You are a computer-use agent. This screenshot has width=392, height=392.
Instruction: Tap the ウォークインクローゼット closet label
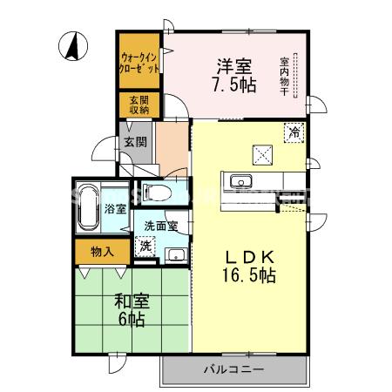pyautogui.click(x=139, y=62)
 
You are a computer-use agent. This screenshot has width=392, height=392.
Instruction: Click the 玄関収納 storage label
pyautogui.click(x=139, y=105)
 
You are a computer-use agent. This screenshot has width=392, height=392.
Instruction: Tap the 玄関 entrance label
pyautogui.click(x=135, y=142)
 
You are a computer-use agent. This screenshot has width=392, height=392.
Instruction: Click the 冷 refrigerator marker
pyautogui.click(x=294, y=133)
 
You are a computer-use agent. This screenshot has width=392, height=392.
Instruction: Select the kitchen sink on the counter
pyautogui.click(x=239, y=181)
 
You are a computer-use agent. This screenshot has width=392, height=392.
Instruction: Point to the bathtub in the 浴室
pyautogui.click(x=87, y=208)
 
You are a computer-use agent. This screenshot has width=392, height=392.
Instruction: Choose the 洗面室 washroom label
pyautogui.click(x=160, y=226)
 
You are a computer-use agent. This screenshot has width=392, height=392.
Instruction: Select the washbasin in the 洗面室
pyautogui.click(x=175, y=254)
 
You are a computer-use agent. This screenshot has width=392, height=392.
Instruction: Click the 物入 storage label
pyautogui.click(x=101, y=252)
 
